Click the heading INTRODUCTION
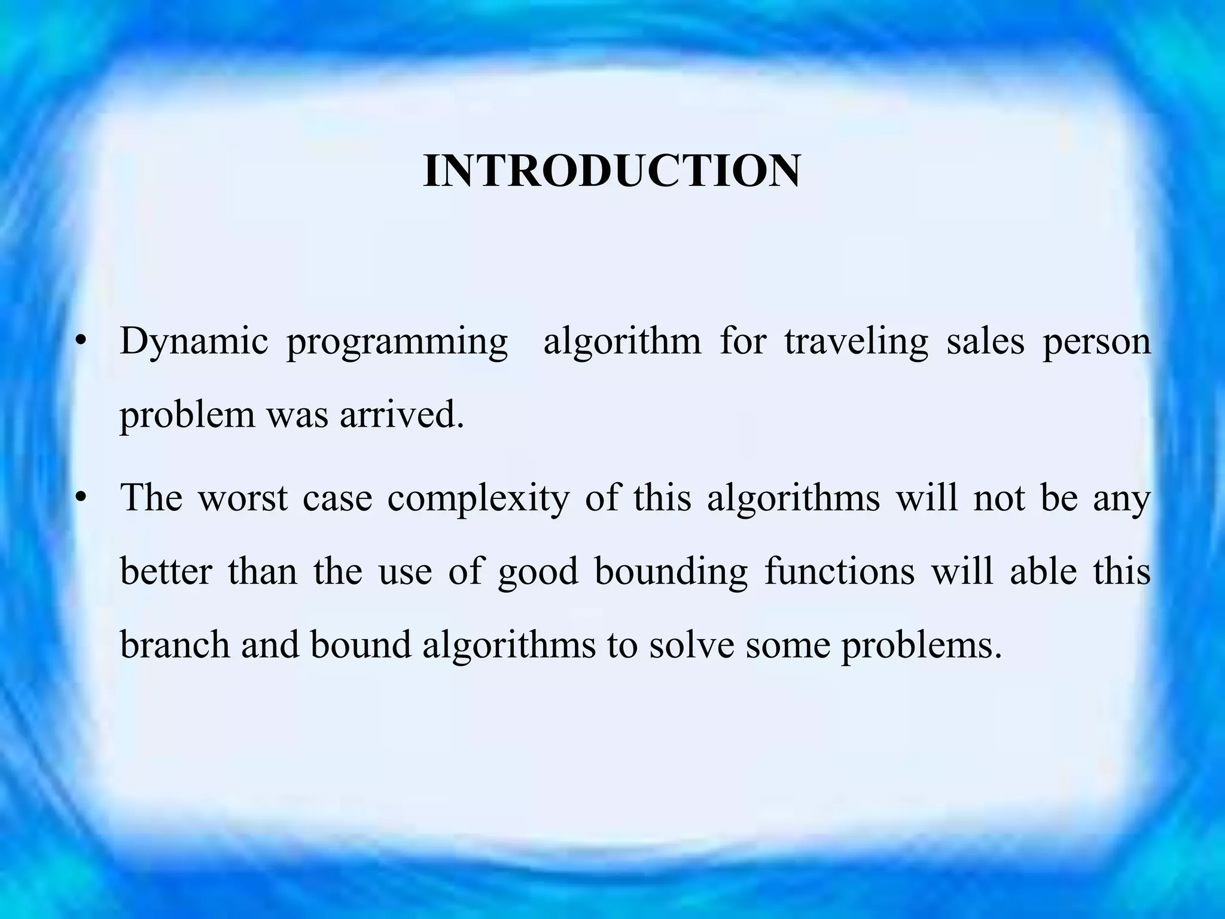pyautogui.click(x=611, y=171)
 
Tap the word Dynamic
pyautogui.click(x=194, y=342)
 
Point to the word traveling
pyautogui.click(x=856, y=342)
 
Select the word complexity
pyautogui.click(x=479, y=499)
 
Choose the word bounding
pyautogui.click(x=671, y=571)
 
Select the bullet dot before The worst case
pyautogui.click(x=82, y=498)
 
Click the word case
pyautogui.click(x=337, y=498)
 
